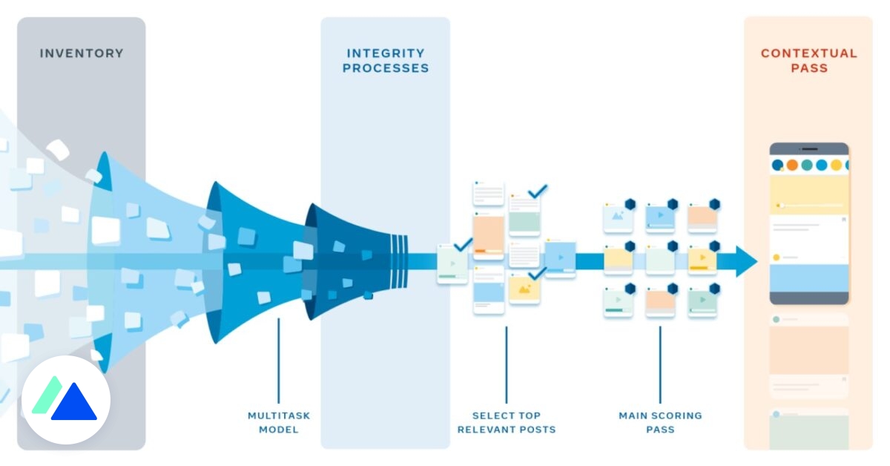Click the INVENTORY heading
click(82, 53)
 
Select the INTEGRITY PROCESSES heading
click(385, 61)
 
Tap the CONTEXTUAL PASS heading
click(808, 61)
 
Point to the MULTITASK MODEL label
click(279, 422)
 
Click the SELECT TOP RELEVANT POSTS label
click(507, 422)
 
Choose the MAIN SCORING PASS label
click(660, 422)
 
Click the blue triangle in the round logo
click(74, 404)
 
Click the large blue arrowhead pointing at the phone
click(745, 262)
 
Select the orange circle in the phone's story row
click(792, 165)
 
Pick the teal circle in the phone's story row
click(807, 165)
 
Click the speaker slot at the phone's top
click(808, 149)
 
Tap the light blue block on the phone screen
click(808, 278)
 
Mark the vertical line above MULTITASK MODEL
click(279, 361)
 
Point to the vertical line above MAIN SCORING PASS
click(660, 364)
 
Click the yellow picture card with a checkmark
click(524, 289)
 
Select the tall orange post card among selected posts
click(489, 234)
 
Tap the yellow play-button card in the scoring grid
click(702, 259)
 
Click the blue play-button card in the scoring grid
click(660, 216)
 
